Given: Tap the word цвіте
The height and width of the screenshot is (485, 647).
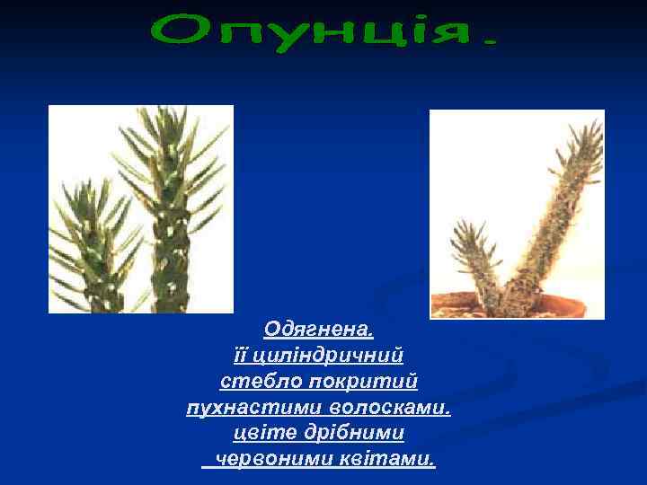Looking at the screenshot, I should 260,433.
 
